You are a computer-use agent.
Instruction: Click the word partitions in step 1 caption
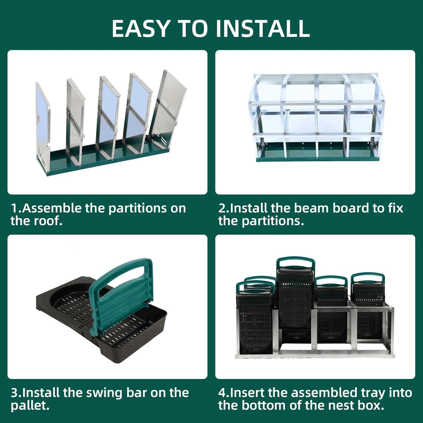click(x=147, y=208)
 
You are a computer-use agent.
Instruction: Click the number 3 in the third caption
click(x=14, y=393)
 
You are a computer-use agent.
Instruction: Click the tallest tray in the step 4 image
click(x=295, y=293)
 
